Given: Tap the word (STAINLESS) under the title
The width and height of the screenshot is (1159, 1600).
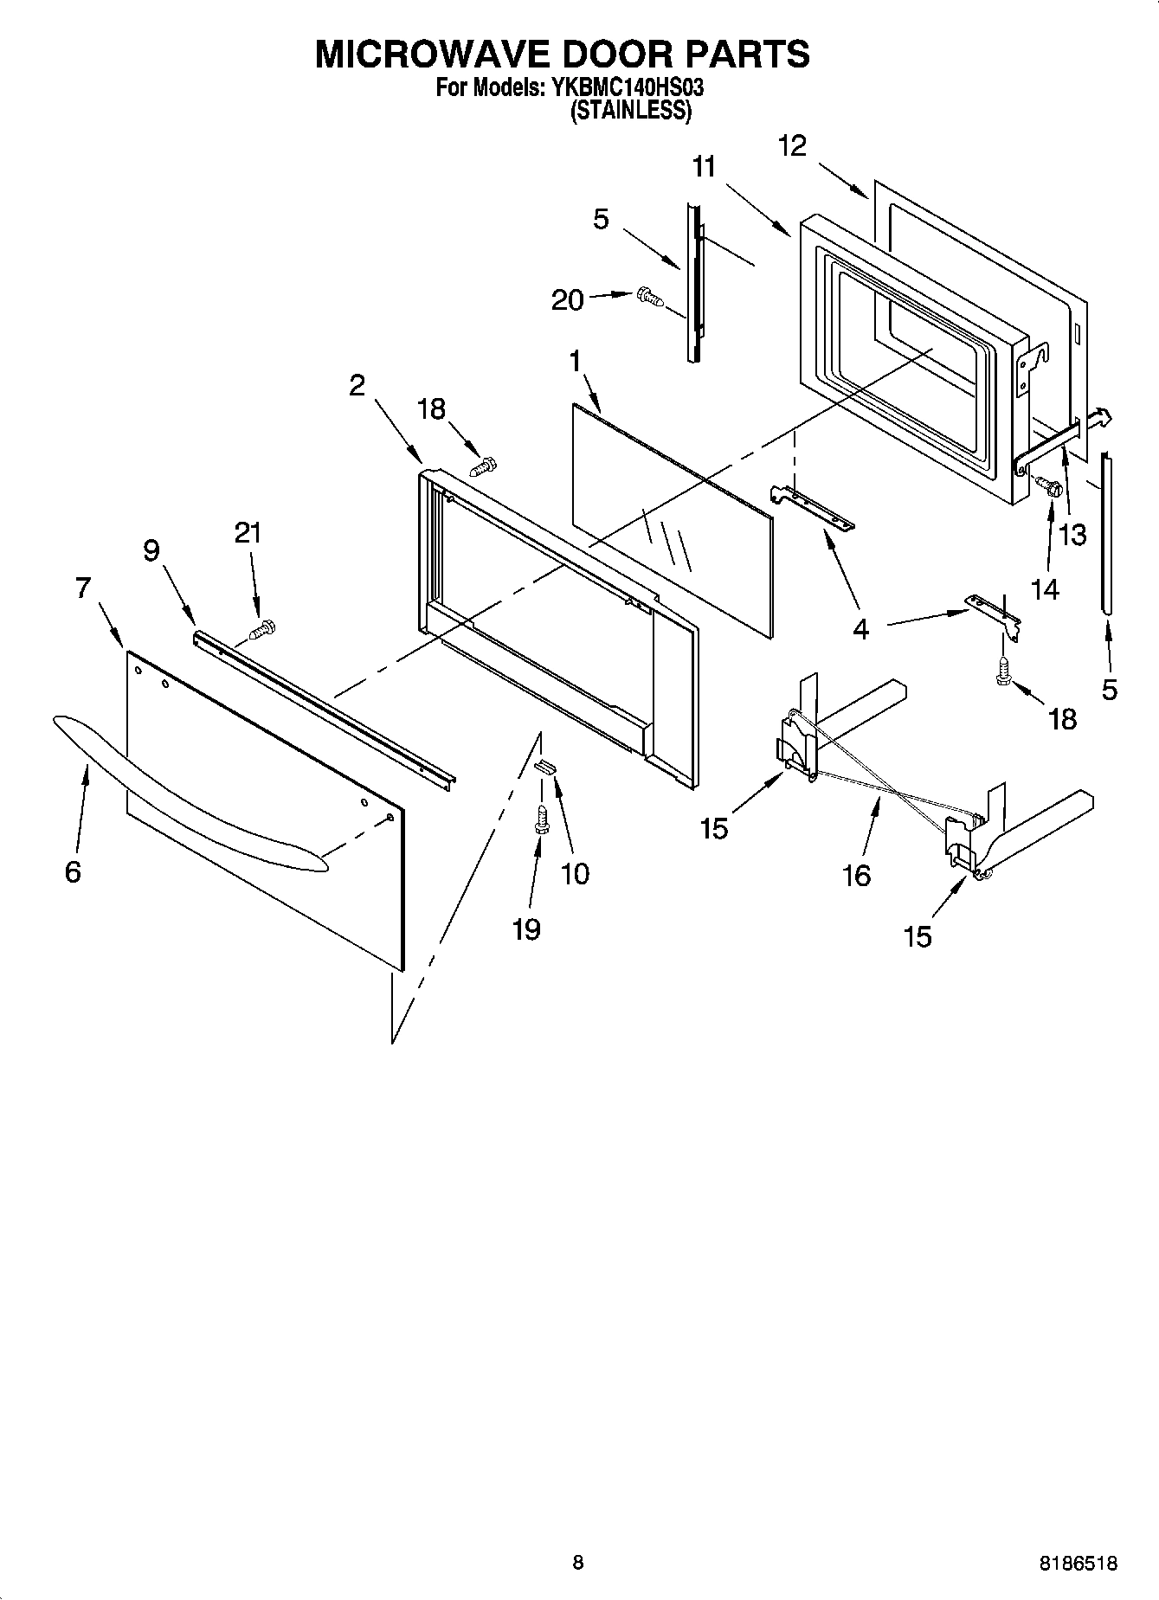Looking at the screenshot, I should click(630, 110).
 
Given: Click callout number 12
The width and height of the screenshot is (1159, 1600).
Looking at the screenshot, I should click(791, 145).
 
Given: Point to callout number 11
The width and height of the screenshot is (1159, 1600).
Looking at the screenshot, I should click(705, 166).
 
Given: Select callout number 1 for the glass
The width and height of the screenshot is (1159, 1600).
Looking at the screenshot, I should click(575, 362).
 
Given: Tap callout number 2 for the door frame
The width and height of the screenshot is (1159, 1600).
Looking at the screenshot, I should click(357, 386).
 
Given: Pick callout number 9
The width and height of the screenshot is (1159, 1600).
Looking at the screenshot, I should click(151, 551).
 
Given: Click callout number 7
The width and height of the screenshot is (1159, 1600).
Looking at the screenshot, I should click(82, 588).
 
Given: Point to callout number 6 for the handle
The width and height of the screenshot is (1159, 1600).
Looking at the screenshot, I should click(73, 871).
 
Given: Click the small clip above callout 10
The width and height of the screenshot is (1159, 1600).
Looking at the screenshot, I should click(545, 765).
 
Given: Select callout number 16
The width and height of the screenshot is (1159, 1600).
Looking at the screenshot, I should click(856, 876).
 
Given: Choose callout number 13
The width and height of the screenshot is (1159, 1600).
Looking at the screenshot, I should click(1072, 535).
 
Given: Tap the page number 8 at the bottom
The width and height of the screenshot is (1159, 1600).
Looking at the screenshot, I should click(577, 1563).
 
